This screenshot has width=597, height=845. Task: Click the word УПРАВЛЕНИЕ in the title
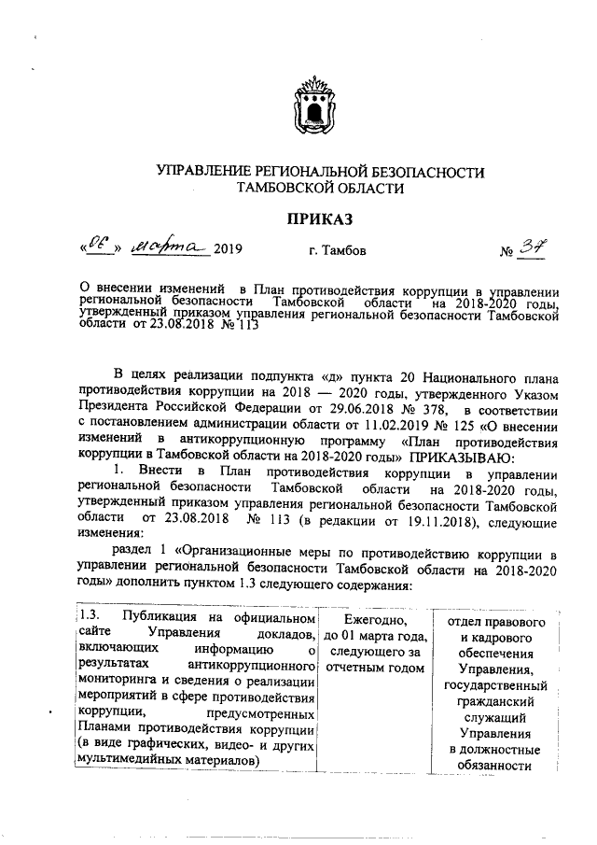(201, 173)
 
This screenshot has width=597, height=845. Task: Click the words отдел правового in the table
(496, 621)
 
